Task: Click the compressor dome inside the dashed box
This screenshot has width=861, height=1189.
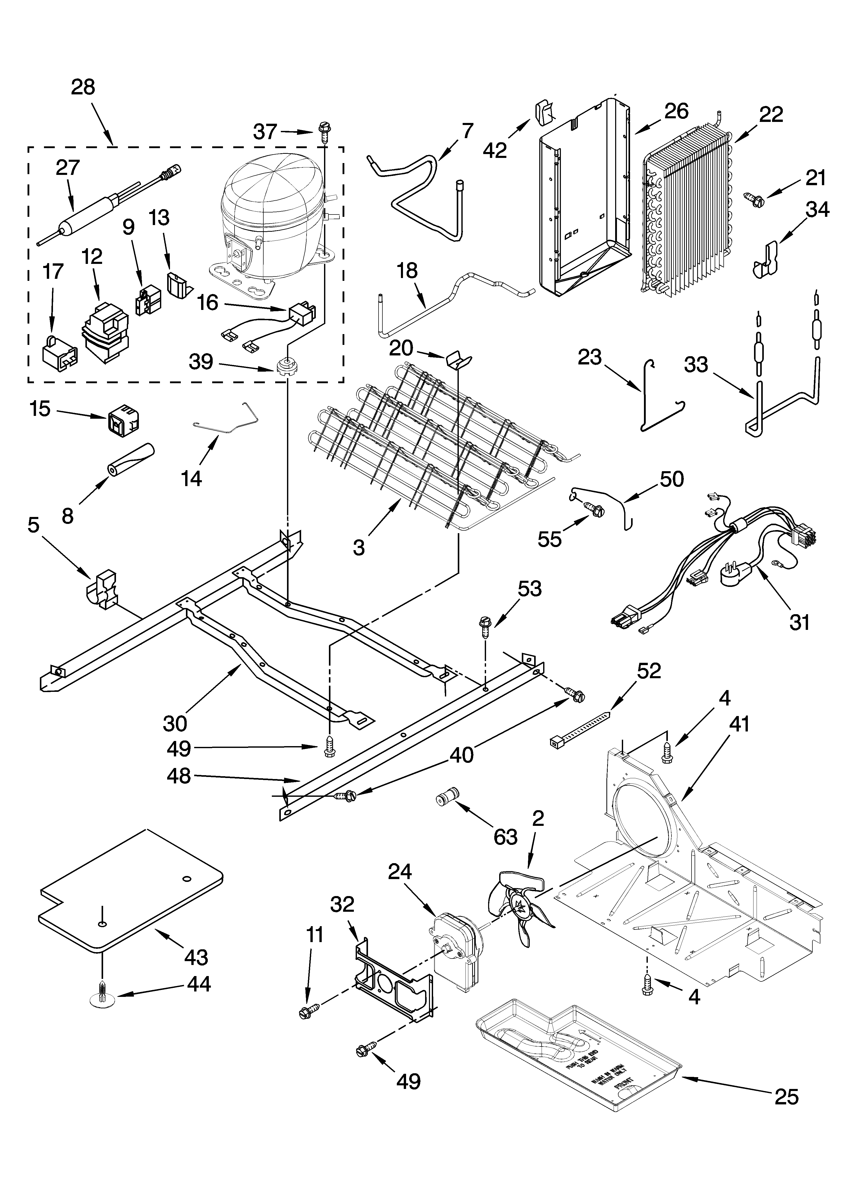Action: tap(273, 194)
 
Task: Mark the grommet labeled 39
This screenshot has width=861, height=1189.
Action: tap(286, 365)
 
